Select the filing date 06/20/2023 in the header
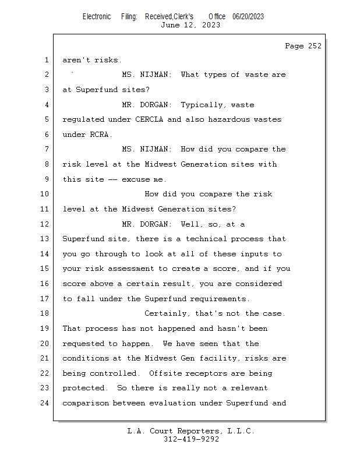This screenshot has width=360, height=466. [248, 17]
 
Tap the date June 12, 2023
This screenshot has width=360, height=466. [190, 25]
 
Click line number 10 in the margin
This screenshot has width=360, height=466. [44, 194]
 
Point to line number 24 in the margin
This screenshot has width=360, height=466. [44, 403]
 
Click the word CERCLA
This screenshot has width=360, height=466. [149, 119]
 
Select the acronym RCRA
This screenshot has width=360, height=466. [99, 135]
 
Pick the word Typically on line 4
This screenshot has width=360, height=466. [202, 105]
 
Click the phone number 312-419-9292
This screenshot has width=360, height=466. [192, 439]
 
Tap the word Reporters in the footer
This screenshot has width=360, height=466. [199, 431]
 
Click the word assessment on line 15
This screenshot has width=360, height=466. [131, 269]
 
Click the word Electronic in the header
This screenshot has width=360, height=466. [97, 17]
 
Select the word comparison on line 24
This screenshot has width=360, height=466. [85, 403]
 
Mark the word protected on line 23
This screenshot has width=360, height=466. [83, 388]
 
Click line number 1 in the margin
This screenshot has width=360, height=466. [47, 60]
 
